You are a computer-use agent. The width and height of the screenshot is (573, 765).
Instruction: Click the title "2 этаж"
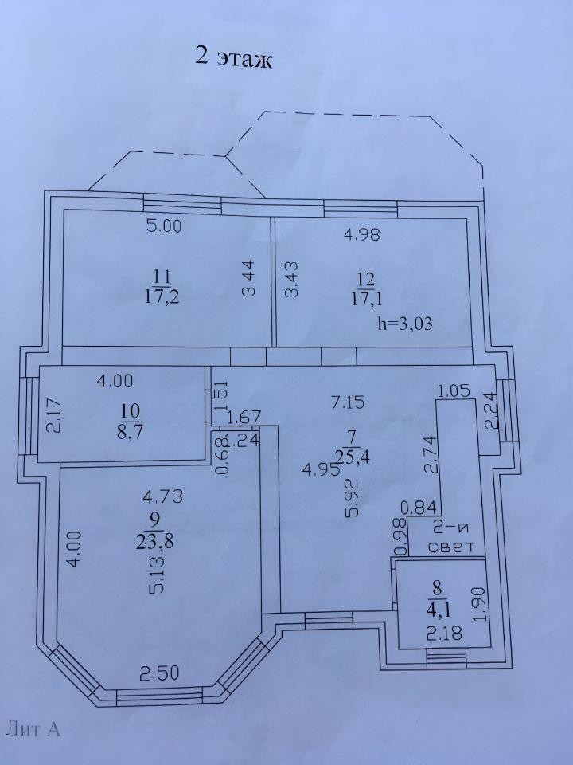click(233, 57)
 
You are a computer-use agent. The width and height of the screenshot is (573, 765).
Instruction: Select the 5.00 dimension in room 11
click(164, 226)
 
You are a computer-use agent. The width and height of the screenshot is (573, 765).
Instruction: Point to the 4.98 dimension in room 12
click(361, 234)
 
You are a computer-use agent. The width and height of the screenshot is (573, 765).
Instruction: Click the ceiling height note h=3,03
click(405, 324)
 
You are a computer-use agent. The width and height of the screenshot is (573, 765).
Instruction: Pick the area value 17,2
click(162, 297)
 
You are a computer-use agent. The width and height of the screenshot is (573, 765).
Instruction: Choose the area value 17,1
click(366, 299)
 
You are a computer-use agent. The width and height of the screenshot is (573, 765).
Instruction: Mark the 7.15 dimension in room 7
click(347, 402)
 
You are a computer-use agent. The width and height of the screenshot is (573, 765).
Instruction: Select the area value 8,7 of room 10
click(129, 432)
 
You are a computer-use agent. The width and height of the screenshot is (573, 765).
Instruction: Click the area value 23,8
click(155, 541)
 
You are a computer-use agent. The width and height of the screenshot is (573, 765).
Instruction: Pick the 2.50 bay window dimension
click(160, 673)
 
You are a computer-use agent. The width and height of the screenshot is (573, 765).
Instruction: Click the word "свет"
click(450, 547)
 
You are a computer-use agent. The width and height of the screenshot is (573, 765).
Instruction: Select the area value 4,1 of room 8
click(437, 610)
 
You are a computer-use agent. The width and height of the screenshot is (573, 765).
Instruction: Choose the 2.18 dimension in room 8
click(444, 634)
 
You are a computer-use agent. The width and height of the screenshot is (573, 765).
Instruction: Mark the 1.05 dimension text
click(454, 390)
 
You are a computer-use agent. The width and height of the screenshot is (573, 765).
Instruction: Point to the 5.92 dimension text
click(353, 497)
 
